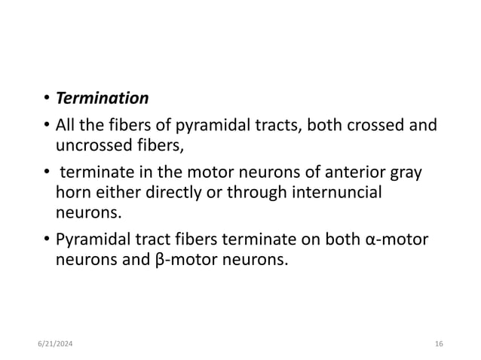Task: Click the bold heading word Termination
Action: [x=103, y=99]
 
